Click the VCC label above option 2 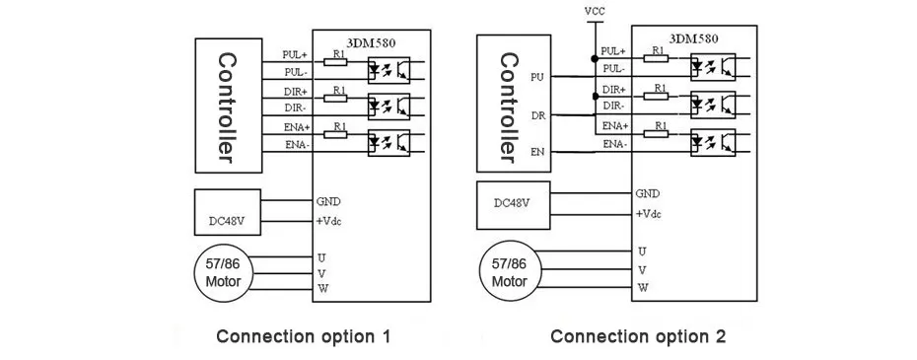tap(595, 11)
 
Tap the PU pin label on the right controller tap(538, 77)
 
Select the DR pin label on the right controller tap(538, 116)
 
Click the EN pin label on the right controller tap(538, 153)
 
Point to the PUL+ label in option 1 tap(295, 54)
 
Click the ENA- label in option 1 tap(297, 145)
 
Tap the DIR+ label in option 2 tap(614, 90)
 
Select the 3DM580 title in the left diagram tap(372, 42)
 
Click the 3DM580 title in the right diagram tap(693, 39)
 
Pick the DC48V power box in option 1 tap(228, 212)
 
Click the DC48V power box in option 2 tap(513, 205)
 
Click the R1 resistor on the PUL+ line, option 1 tap(335, 61)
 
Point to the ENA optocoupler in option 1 tap(388, 143)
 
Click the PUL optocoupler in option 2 tap(713, 67)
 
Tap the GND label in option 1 tap(328, 201)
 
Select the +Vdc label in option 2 tap(649, 214)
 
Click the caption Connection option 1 tap(303, 336)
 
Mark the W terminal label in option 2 tap(643, 287)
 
